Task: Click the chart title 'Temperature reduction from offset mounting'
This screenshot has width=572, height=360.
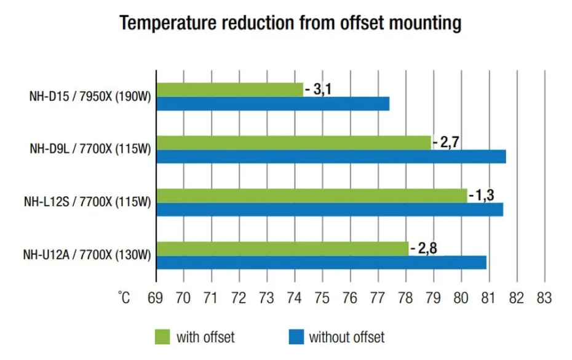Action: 290,23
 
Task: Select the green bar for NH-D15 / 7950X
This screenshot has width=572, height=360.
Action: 230,89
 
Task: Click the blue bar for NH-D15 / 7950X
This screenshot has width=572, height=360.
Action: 273,103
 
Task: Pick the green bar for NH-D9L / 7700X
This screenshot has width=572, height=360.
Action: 294,142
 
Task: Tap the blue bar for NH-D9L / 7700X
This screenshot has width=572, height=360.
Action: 332,156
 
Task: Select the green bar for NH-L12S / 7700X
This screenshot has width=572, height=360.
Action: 312,196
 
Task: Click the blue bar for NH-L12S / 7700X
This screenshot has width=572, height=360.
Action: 330,210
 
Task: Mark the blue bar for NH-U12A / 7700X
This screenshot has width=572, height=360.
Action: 322,263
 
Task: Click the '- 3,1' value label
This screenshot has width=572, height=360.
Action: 319,89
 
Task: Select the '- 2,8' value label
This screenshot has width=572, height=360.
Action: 424,249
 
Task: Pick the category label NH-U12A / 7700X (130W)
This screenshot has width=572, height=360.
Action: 87,255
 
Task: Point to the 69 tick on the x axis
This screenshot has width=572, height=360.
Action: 156,298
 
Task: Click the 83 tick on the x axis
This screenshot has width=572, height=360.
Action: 544,298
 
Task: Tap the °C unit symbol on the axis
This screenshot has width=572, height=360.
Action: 124,298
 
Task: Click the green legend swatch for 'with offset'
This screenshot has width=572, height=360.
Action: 162,337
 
